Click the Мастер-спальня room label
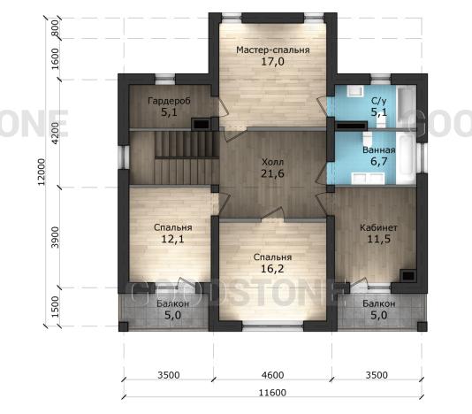(x=273, y=50)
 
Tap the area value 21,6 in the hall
(x=273, y=174)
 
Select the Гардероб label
(x=169, y=101)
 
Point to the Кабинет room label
(x=378, y=227)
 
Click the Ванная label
(x=378, y=150)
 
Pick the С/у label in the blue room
(x=378, y=101)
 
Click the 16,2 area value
(x=272, y=268)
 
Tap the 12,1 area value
(x=172, y=239)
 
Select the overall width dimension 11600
(x=273, y=393)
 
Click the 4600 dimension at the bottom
(x=273, y=375)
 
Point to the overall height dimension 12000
(x=42, y=172)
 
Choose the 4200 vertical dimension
(x=56, y=134)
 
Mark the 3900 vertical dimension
(x=56, y=238)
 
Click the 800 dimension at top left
(x=56, y=28)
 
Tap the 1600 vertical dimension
(x=56, y=59)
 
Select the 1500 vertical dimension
(x=56, y=307)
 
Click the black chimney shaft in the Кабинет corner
(x=408, y=276)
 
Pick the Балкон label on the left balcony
(x=172, y=303)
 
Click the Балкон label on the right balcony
(x=378, y=303)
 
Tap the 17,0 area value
(x=273, y=62)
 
